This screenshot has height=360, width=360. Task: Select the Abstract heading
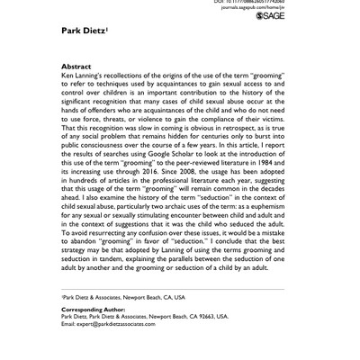(75, 67)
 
